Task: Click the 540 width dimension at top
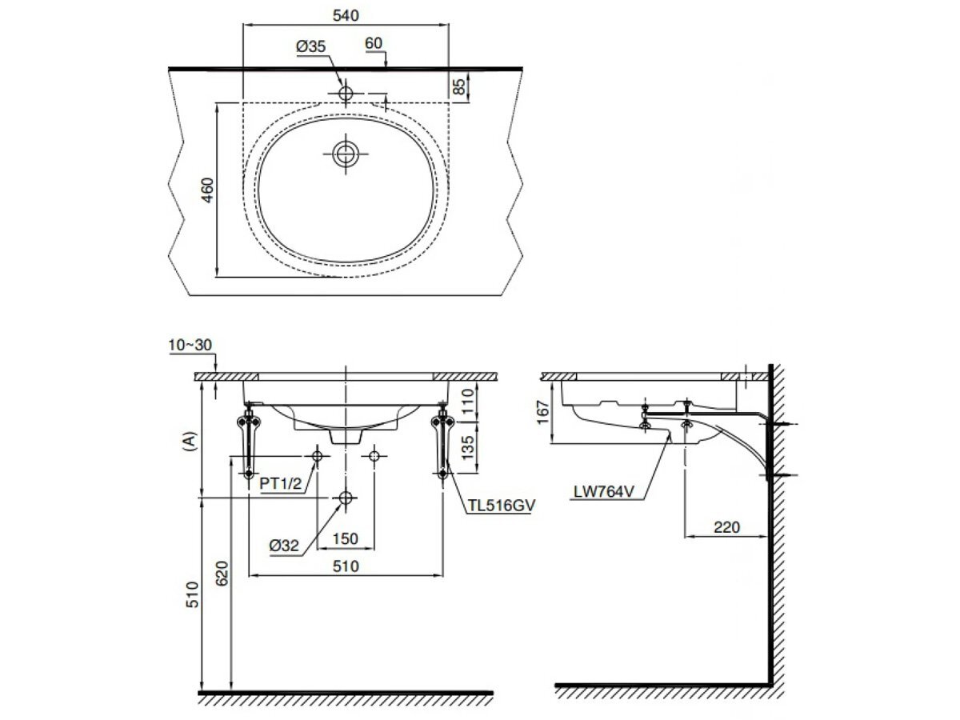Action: coord(346,14)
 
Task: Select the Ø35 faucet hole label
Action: coord(310,47)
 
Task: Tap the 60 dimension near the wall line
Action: coord(374,43)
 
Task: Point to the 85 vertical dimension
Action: coord(459,86)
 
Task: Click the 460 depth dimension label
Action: coord(207,190)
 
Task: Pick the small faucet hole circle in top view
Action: coord(346,94)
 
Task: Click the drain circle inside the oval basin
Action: coord(346,154)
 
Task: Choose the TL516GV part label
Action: coord(501,506)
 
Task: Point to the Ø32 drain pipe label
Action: coord(285,546)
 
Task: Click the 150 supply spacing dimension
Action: coord(345,539)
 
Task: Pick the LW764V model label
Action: coord(603,493)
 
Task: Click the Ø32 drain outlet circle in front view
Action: coord(346,498)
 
